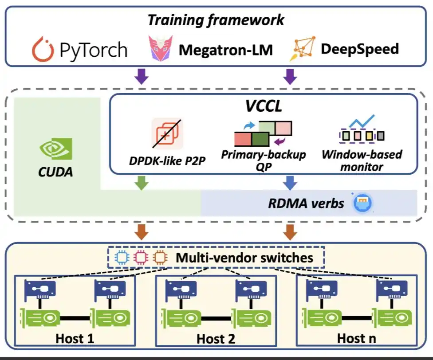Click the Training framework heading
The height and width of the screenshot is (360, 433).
point(216,20)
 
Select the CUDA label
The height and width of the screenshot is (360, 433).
point(56,172)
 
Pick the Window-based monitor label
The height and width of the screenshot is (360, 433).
point(362,160)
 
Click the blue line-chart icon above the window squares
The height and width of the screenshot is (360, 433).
point(362,121)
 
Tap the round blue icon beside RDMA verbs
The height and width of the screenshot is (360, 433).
point(362,203)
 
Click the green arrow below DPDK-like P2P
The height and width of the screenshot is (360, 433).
point(141,183)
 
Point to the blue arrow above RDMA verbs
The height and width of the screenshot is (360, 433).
point(290,183)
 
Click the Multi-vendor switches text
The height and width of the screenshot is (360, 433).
point(245,258)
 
